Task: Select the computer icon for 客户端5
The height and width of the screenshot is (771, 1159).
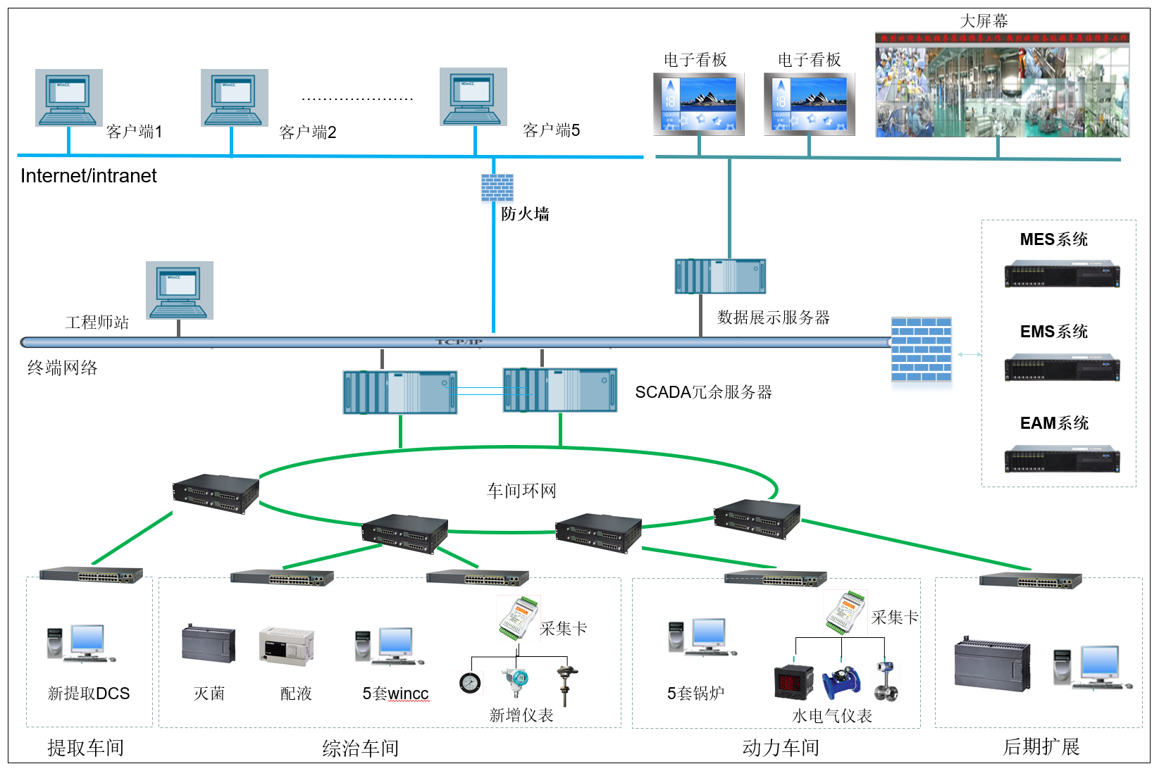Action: (x=473, y=97)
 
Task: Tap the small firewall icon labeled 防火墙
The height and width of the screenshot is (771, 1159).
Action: (x=497, y=188)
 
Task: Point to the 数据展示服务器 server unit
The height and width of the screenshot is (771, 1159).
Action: (x=720, y=276)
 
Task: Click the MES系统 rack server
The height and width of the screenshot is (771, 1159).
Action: (x=1061, y=274)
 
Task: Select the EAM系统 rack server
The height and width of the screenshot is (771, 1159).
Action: (x=1061, y=458)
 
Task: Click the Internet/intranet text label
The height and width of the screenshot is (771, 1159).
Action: (x=88, y=176)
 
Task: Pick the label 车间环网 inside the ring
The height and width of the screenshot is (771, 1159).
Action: (x=521, y=491)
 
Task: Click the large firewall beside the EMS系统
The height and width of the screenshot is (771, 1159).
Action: (x=921, y=349)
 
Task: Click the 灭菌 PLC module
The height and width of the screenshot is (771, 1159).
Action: (x=209, y=644)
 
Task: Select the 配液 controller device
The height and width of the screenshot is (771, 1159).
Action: (x=286, y=646)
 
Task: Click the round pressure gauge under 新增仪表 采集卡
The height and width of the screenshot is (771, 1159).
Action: (x=470, y=683)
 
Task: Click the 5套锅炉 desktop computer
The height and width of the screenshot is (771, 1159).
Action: (x=702, y=637)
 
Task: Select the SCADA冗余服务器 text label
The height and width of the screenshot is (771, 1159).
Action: (x=703, y=392)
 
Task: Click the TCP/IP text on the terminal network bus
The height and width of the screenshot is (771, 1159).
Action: (x=459, y=342)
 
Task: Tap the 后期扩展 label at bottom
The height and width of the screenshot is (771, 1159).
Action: (x=1041, y=747)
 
